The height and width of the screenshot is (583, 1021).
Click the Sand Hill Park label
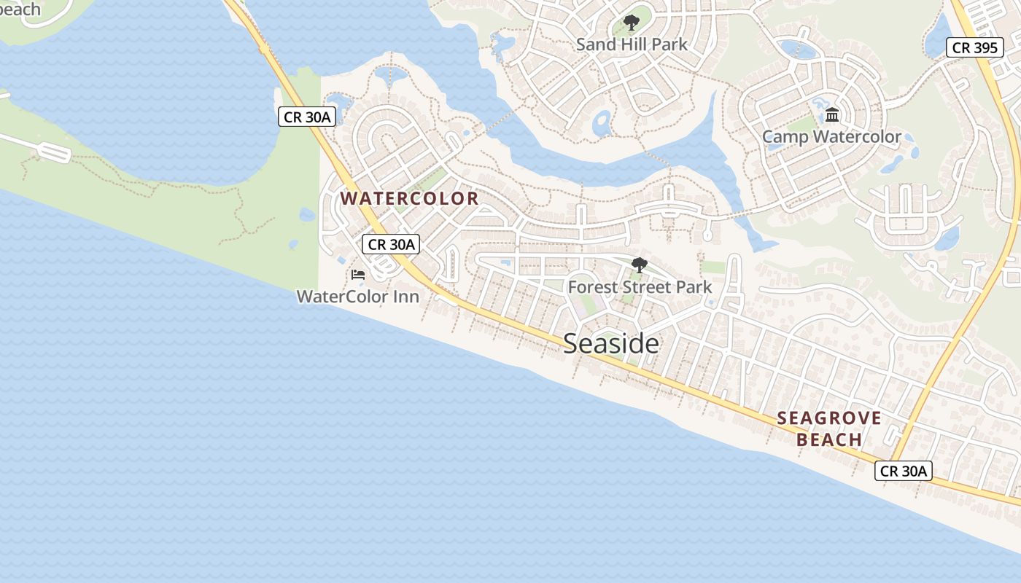click(632, 44)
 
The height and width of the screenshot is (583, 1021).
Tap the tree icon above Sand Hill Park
click(632, 23)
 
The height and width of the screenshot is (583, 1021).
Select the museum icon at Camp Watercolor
click(832, 115)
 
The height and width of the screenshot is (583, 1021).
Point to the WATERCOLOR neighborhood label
click(409, 198)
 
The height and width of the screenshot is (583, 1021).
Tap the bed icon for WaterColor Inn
click(357, 275)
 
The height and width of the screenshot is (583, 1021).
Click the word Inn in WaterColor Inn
click(407, 297)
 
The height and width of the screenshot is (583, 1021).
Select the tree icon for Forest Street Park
click(640, 265)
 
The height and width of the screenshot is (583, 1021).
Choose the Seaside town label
click(611, 343)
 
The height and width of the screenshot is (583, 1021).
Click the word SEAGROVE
click(829, 418)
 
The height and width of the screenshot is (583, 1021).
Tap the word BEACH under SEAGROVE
click(829, 439)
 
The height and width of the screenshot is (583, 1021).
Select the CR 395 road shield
click(974, 48)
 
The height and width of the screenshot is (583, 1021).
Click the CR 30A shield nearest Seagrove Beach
click(904, 471)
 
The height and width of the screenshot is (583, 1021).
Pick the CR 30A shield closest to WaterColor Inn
click(392, 244)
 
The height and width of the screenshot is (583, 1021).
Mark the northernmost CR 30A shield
click(307, 117)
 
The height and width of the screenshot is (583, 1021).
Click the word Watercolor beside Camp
click(856, 137)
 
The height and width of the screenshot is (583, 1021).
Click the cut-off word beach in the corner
click(20, 9)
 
